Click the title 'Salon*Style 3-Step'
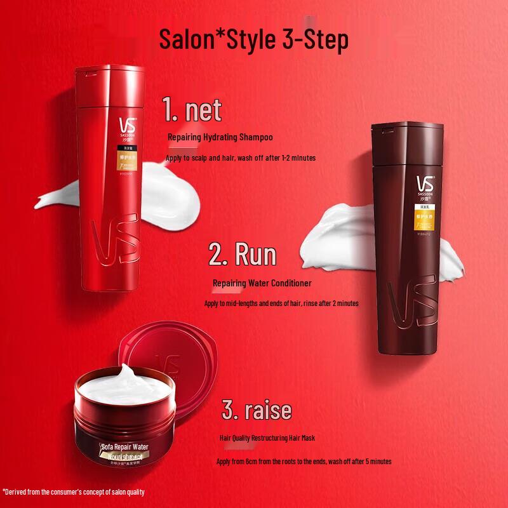click(x=253, y=39)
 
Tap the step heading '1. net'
click(x=192, y=110)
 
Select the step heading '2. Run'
click(x=243, y=255)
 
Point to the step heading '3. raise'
click(x=257, y=410)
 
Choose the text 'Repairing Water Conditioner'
click(x=262, y=283)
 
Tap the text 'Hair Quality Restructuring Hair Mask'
click(x=267, y=438)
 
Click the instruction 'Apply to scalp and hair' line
click(x=240, y=157)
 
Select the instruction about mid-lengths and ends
click(x=281, y=304)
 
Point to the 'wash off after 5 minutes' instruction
click(x=304, y=462)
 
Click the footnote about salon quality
click(x=74, y=491)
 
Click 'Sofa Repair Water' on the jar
click(x=124, y=448)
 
